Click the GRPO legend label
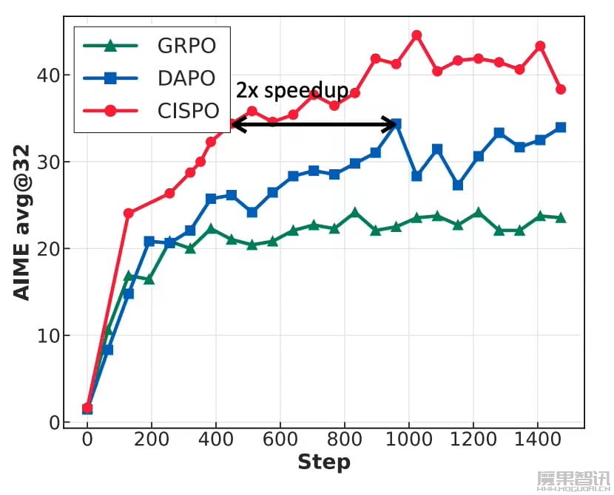(x=186, y=46)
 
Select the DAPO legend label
(x=186, y=78)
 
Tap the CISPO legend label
(x=189, y=111)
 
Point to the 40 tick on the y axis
(x=45, y=75)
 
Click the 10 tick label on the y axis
(x=45, y=335)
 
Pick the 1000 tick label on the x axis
(x=409, y=440)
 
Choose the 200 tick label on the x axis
(x=152, y=440)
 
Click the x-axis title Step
(x=324, y=463)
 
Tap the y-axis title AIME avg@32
(x=22, y=222)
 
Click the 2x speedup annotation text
(x=291, y=91)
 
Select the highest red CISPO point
(x=416, y=35)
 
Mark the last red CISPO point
(x=561, y=89)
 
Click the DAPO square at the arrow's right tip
(x=397, y=124)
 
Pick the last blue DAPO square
(x=561, y=127)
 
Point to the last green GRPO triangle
(x=561, y=217)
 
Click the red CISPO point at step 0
(x=87, y=409)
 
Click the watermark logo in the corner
(x=573, y=480)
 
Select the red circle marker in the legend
(x=111, y=111)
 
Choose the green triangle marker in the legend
(x=111, y=46)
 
